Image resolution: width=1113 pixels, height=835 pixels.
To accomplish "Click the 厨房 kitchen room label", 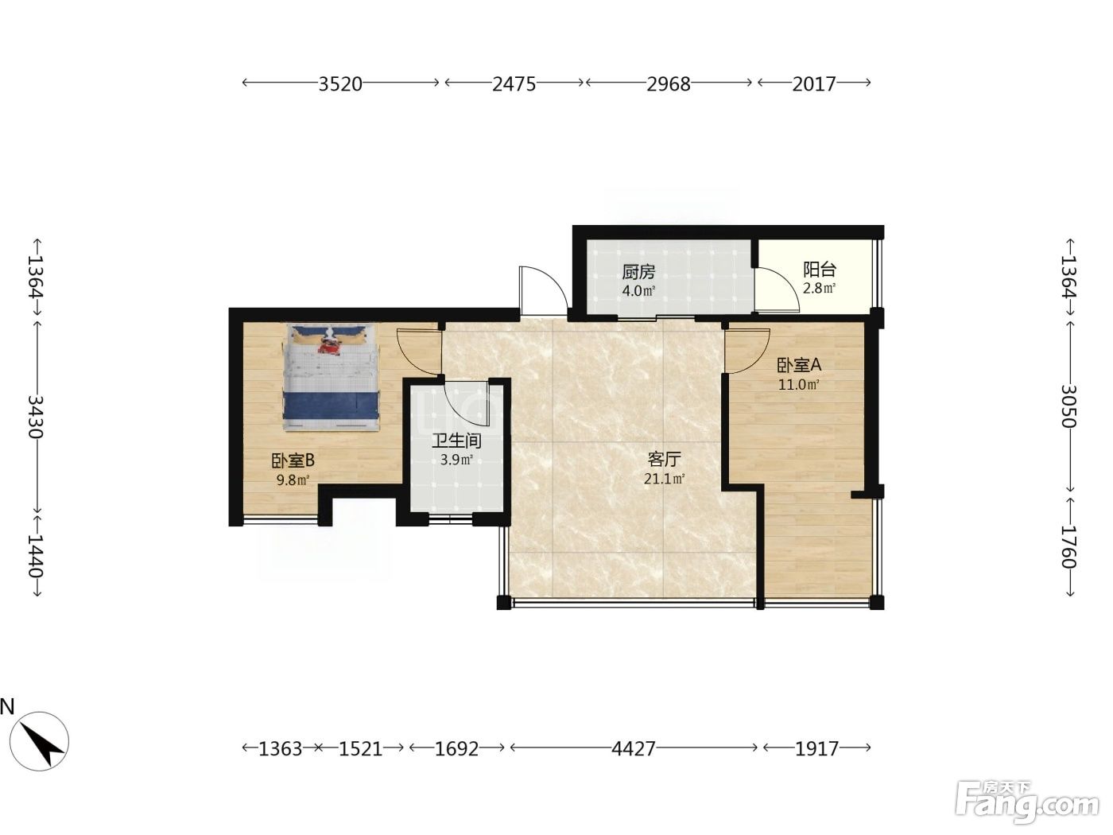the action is tap(638, 272).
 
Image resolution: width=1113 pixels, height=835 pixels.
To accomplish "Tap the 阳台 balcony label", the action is tap(819, 270).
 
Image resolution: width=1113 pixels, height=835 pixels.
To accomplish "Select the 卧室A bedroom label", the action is tap(799, 364).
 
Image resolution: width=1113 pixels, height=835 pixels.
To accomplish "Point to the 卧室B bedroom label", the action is tap(293, 460).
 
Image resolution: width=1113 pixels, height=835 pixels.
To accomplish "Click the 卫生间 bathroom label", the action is tap(456, 441).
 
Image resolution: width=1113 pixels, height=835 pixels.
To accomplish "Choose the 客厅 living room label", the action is tap(665, 460).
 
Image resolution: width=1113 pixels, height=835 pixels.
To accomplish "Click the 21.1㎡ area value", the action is tap(665, 478).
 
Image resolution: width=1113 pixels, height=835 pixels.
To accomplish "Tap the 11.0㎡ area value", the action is tap(799, 384).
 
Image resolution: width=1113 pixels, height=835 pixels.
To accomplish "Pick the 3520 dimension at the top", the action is tap(340, 83).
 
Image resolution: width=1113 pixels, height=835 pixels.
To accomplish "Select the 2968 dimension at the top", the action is tap(669, 83).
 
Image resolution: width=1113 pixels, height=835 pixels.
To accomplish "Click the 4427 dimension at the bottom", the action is tap(634, 748).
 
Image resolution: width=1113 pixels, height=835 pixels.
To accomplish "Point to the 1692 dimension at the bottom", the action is tap(456, 748).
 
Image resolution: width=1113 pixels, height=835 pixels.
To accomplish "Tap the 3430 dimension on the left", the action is tap(36, 417).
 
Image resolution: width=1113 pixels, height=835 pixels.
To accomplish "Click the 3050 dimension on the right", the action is tap(1069, 406).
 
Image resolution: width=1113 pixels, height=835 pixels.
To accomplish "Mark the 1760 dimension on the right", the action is tap(1069, 546).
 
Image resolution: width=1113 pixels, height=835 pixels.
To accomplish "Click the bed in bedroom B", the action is tap(331, 378).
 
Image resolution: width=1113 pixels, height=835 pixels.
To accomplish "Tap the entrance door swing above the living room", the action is tap(543, 291).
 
